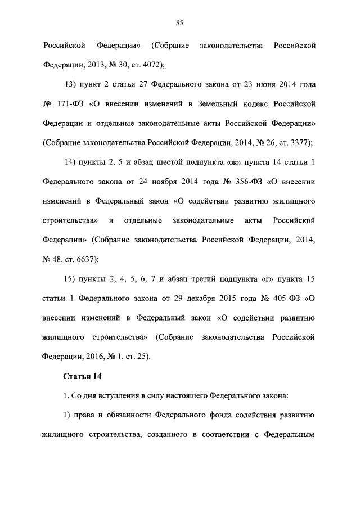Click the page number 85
[179, 22]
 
